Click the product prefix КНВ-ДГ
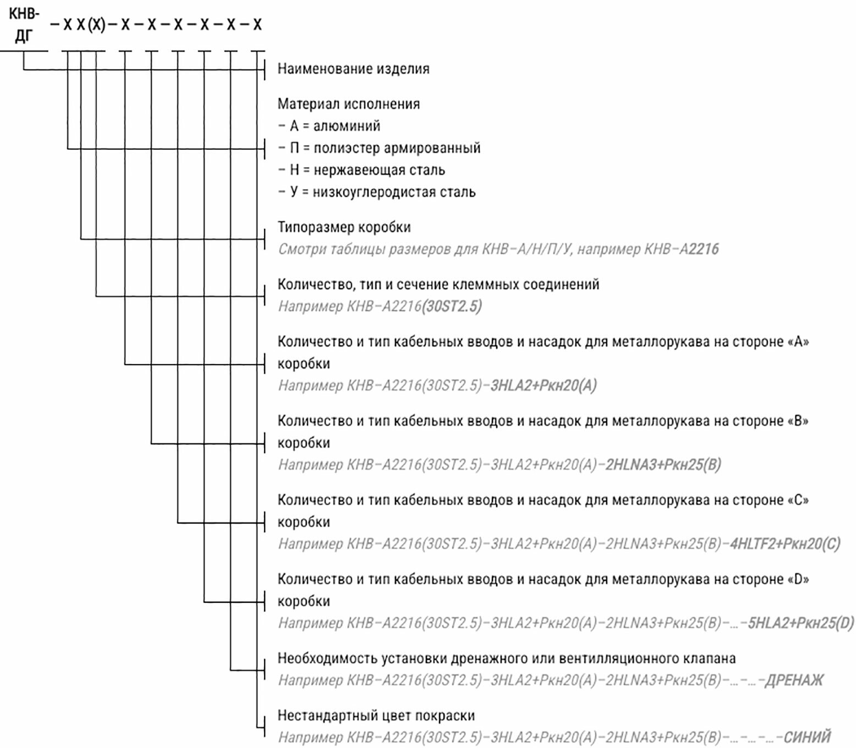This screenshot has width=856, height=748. click(x=24, y=25)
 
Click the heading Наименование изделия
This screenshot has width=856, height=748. click(x=353, y=69)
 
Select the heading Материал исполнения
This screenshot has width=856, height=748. click(x=348, y=104)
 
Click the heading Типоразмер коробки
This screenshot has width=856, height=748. click(x=344, y=227)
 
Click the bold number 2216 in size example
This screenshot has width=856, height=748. click(x=704, y=249)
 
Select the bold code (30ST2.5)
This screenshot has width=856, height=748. click(x=452, y=306)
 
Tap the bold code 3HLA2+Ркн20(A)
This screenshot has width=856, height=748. click(x=543, y=386)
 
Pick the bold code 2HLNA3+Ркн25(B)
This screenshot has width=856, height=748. click(x=663, y=465)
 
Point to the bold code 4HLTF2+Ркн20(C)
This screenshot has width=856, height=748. click(x=785, y=544)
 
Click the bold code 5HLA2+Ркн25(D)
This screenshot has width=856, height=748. click(x=800, y=623)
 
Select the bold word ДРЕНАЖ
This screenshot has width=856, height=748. click(x=794, y=680)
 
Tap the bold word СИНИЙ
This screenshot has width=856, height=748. click(x=807, y=737)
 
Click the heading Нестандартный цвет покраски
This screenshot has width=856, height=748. click(x=376, y=716)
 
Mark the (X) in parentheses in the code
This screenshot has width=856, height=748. click(x=96, y=25)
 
